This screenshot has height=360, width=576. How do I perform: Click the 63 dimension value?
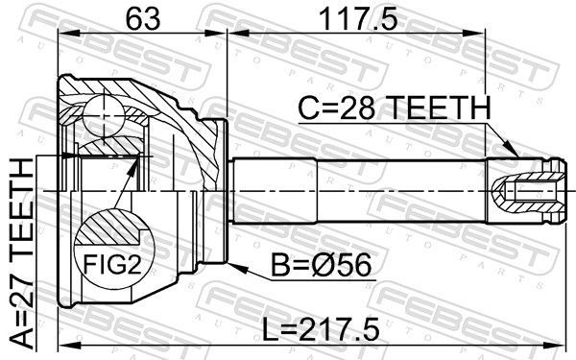[143, 19]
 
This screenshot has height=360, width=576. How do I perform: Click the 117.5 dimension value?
[358, 19]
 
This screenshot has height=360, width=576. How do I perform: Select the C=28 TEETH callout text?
[395, 108]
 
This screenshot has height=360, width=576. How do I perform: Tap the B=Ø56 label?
[321, 265]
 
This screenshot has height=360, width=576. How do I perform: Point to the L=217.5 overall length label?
[320, 329]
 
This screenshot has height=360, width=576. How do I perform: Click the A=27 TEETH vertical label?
[21, 253]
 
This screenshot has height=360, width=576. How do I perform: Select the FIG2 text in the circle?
[112, 265]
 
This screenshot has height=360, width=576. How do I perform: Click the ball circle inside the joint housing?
[104, 115]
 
